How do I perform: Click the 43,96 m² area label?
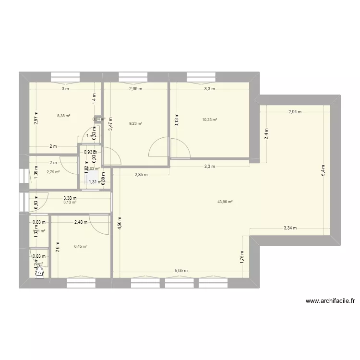click(x=225, y=202)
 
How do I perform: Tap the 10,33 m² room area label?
click(x=210, y=120)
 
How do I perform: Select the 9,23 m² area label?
click(x=136, y=123)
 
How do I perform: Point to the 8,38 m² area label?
click(x=64, y=116)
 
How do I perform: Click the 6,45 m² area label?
click(x=81, y=247)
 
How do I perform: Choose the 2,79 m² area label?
click(x=53, y=172)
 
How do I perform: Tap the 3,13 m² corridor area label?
click(x=70, y=203)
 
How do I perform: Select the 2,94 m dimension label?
click(x=295, y=112)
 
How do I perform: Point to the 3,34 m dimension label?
click(x=290, y=228)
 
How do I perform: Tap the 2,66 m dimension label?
click(x=135, y=89)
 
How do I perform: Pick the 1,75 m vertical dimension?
click(x=242, y=259)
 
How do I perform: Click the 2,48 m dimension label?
click(x=81, y=222)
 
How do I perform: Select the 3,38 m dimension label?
click(x=70, y=197)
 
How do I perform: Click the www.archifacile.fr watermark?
click(x=330, y=301)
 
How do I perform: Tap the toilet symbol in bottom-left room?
click(x=39, y=272)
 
